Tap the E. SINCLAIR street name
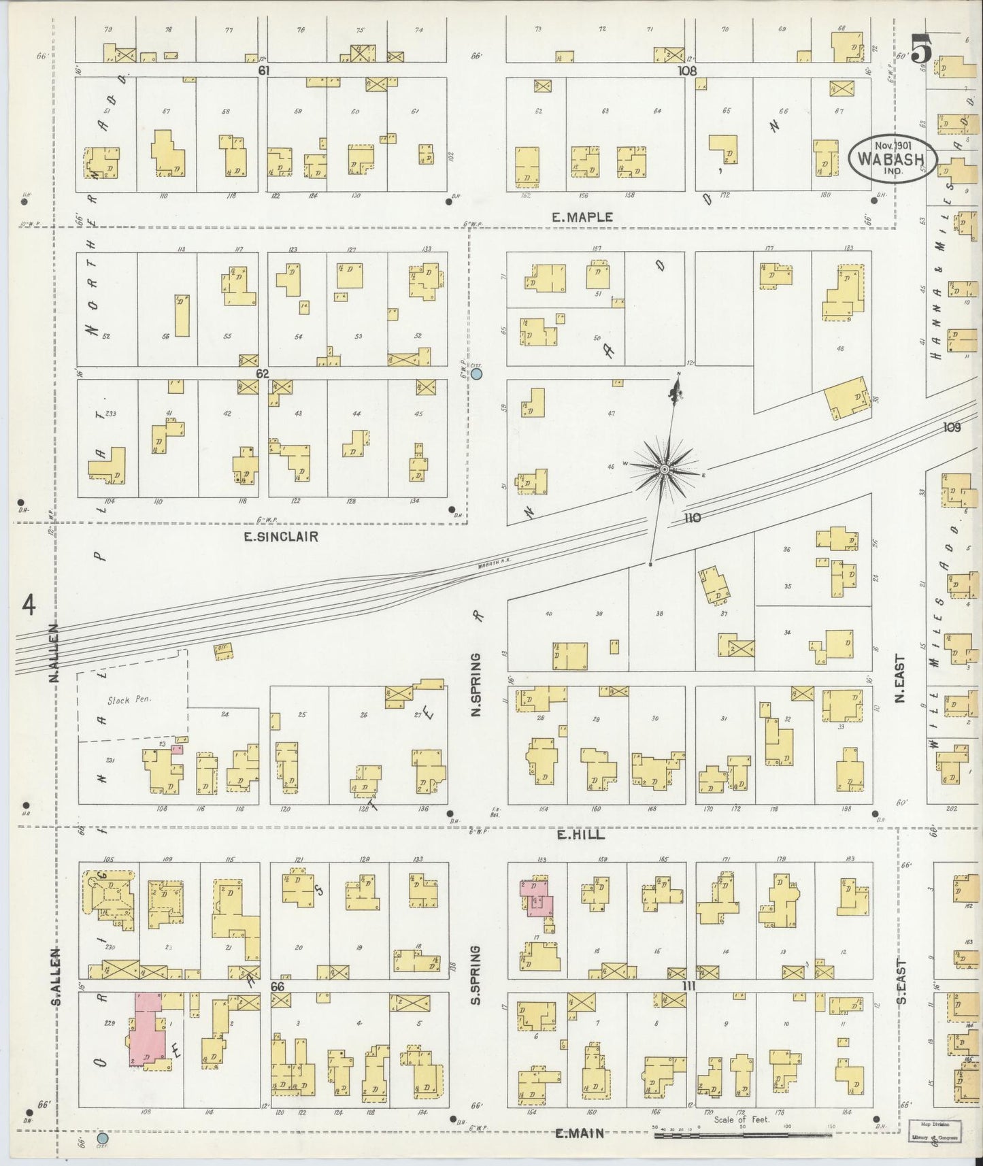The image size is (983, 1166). (281, 537)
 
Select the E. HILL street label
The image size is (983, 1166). (580, 835)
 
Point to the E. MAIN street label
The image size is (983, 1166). (580, 1133)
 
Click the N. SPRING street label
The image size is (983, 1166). (476, 684)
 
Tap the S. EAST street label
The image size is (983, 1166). (902, 980)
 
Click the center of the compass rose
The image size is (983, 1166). (664, 469)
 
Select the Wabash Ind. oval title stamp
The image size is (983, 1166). (893, 158)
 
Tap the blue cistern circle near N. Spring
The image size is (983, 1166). (477, 373)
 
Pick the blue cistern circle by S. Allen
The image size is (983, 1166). (103, 1137)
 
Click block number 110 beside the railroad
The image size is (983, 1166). (693, 518)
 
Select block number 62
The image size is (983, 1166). (263, 373)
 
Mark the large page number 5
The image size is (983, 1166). (920, 50)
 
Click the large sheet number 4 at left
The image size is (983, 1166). (29, 603)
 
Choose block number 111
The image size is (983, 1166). (690, 985)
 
